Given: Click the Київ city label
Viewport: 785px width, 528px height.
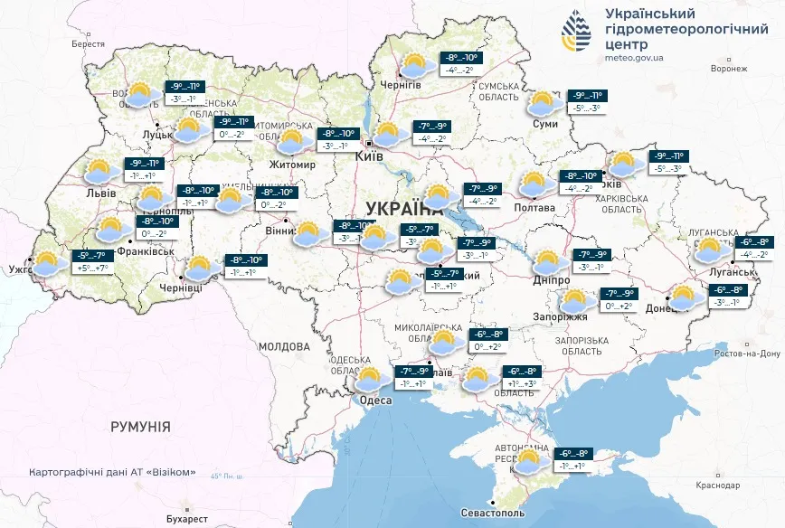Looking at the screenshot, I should coord(370,156).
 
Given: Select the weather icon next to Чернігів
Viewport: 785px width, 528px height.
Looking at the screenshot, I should coord(416,65).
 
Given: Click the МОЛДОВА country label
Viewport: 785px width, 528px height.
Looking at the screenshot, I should coord(284,346).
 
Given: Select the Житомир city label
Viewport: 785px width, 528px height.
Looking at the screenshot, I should coord(292,165).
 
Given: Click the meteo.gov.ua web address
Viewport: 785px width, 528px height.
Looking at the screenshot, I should coord(634,58).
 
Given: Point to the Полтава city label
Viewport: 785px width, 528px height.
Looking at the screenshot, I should coord(534,208).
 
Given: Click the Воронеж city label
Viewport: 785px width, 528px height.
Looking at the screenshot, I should coord(729,68).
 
